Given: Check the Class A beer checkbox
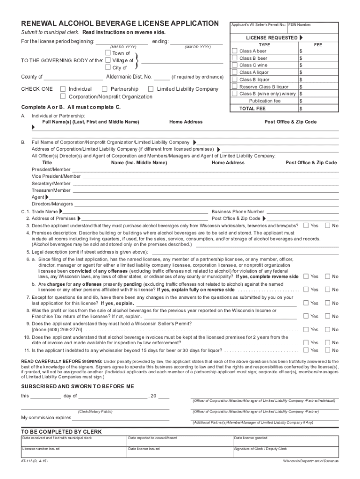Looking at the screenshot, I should click(x=235, y=51).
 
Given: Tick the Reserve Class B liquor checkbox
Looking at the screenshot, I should click(x=235, y=87).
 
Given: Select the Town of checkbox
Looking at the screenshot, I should click(x=108, y=53).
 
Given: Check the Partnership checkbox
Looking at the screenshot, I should click(x=105, y=89).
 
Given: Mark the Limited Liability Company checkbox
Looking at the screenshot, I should click(x=151, y=89).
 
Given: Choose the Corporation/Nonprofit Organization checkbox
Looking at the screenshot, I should click(x=63, y=96).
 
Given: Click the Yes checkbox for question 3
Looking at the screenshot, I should click(x=306, y=225).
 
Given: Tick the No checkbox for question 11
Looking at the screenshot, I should click(x=327, y=350).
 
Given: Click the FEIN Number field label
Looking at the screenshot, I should click(x=300, y=24).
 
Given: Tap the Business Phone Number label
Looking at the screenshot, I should click(x=238, y=211).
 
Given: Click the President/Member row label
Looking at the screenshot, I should click(x=51, y=169).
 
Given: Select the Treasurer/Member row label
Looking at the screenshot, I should click(x=51, y=190).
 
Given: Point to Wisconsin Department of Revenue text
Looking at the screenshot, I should click(x=310, y=461).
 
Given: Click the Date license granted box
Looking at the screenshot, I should click(x=286, y=442).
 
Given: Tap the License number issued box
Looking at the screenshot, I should click(x=73, y=452).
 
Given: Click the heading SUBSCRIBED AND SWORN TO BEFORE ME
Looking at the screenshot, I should click(x=78, y=386).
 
